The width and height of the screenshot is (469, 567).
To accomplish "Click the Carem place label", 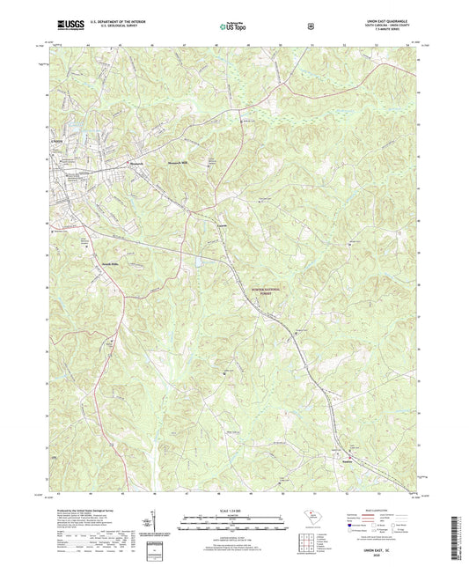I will (x=223, y=231).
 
